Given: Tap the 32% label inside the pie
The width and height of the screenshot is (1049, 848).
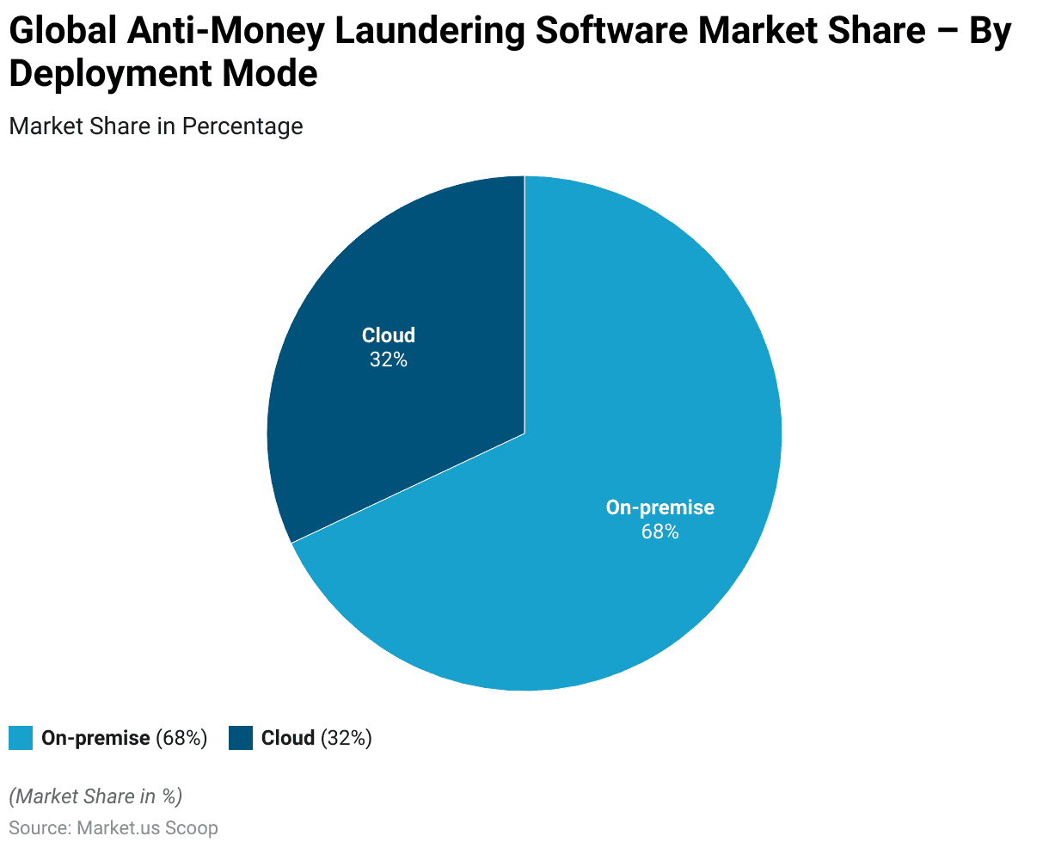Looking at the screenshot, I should pos(389,360).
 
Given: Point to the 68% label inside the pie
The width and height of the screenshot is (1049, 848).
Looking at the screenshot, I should pos(659,532).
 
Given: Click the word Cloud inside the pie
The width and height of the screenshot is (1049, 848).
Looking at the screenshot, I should pos(389,335).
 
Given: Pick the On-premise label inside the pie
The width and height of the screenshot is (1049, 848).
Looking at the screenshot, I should pos(659,507).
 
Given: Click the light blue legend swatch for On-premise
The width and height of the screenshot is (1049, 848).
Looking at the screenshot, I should pos(21,738).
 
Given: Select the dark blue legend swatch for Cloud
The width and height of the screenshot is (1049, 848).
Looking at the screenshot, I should pos(241,738).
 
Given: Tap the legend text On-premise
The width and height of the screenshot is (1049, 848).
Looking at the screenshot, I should pos(95,738).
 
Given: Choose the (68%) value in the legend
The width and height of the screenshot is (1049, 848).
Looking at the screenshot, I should pos(181,738).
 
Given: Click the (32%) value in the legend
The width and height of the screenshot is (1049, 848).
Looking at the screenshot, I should pos(347,738).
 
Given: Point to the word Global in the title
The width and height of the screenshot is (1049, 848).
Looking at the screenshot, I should pos(61,32).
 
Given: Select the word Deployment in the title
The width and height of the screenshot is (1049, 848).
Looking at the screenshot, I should pos(111,74).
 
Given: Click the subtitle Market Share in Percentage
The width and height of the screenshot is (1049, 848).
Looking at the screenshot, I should pos(156,126).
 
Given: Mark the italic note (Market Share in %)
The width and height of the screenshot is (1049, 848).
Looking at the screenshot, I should pos(95,796).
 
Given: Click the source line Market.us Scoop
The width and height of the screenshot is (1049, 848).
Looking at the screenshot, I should pos(147,828).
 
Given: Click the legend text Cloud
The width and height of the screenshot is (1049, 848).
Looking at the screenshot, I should pos(288,738).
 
